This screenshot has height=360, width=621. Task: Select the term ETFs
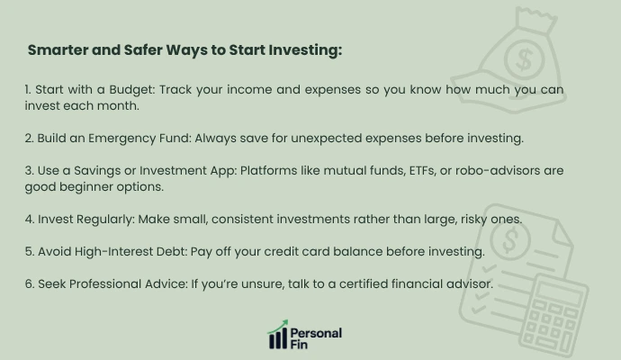coord(408,171)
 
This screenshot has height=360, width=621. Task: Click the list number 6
coord(30,283)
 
